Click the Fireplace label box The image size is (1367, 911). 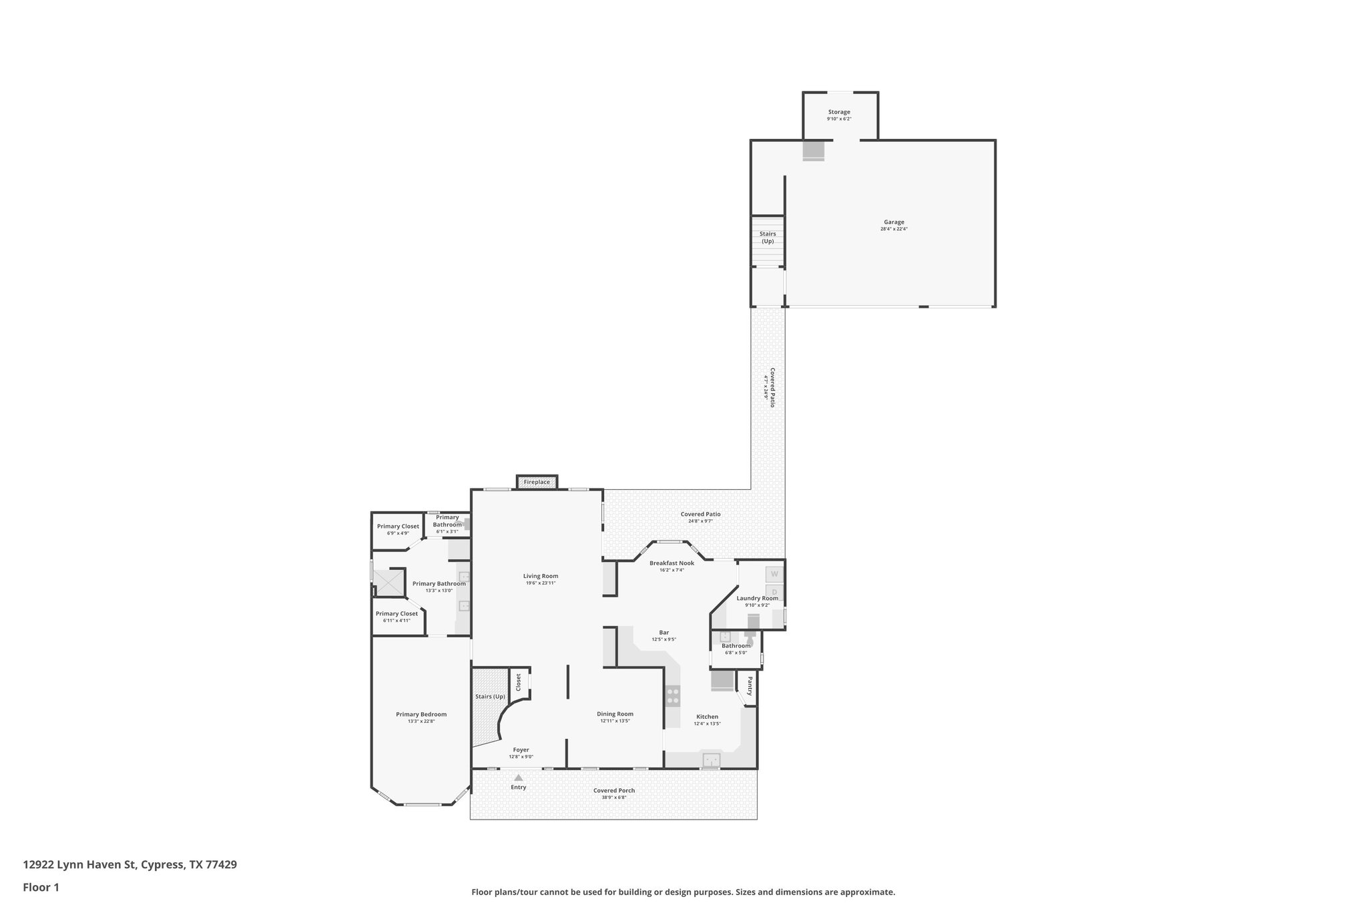[x=537, y=482]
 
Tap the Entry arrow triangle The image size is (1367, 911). [x=519, y=778]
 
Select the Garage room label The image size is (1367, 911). [x=894, y=222]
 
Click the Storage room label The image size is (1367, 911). [x=839, y=112]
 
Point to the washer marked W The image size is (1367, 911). [x=774, y=574]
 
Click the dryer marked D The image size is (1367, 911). [x=774, y=591]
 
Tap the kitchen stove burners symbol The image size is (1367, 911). [x=673, y=697]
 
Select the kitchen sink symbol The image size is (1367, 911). [x=712, y=760]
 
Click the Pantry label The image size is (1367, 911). [x=750, y=685]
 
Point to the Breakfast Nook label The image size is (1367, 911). [x=671, y=563]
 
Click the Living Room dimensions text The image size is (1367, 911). [x=540, y=583]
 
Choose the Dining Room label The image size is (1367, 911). [x=615, y=714]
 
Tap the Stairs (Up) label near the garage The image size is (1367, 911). [x=768, y=237]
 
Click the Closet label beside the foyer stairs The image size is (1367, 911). [x=518, y=681]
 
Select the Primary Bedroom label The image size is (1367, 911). [x=421, y=714]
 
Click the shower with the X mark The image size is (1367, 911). [x=388, y=582]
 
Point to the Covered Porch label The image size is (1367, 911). [x=614, y=790]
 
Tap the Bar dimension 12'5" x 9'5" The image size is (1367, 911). [x=663, y=639]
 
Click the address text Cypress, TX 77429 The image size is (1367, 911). [x=189, y=865]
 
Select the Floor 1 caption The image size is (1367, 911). [x=41, y=888]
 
